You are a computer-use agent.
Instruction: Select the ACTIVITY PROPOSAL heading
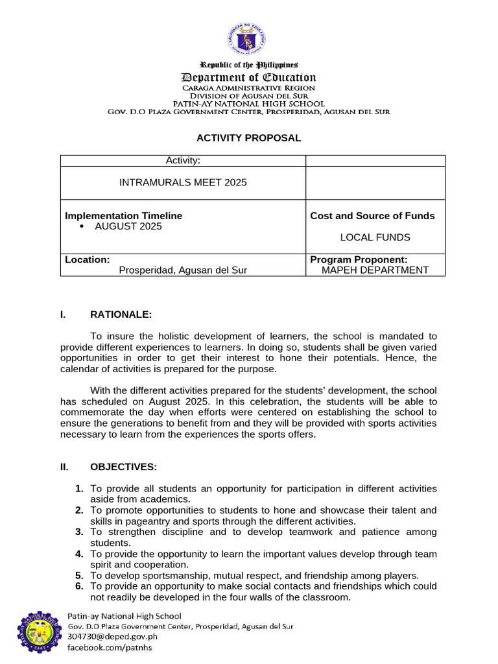tap(248, 138)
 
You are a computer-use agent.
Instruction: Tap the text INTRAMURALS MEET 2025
tap(183, 183)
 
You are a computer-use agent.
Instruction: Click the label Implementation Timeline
tap(124, 216)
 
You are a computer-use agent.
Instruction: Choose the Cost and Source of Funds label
tap(372, 216)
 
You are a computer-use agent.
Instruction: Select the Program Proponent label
tap(359, 259)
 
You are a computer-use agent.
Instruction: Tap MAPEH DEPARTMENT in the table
tap(375, 270)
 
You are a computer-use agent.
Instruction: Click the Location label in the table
tap(87, 259)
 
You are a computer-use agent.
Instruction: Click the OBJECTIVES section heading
tap(123, 467)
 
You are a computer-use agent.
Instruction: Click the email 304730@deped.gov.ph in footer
tap(113, 637)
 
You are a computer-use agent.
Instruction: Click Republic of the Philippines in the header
tap(248, 65)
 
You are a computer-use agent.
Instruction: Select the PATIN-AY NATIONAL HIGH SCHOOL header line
tap(248, 104)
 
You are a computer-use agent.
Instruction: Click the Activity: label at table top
tap(183, 160)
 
